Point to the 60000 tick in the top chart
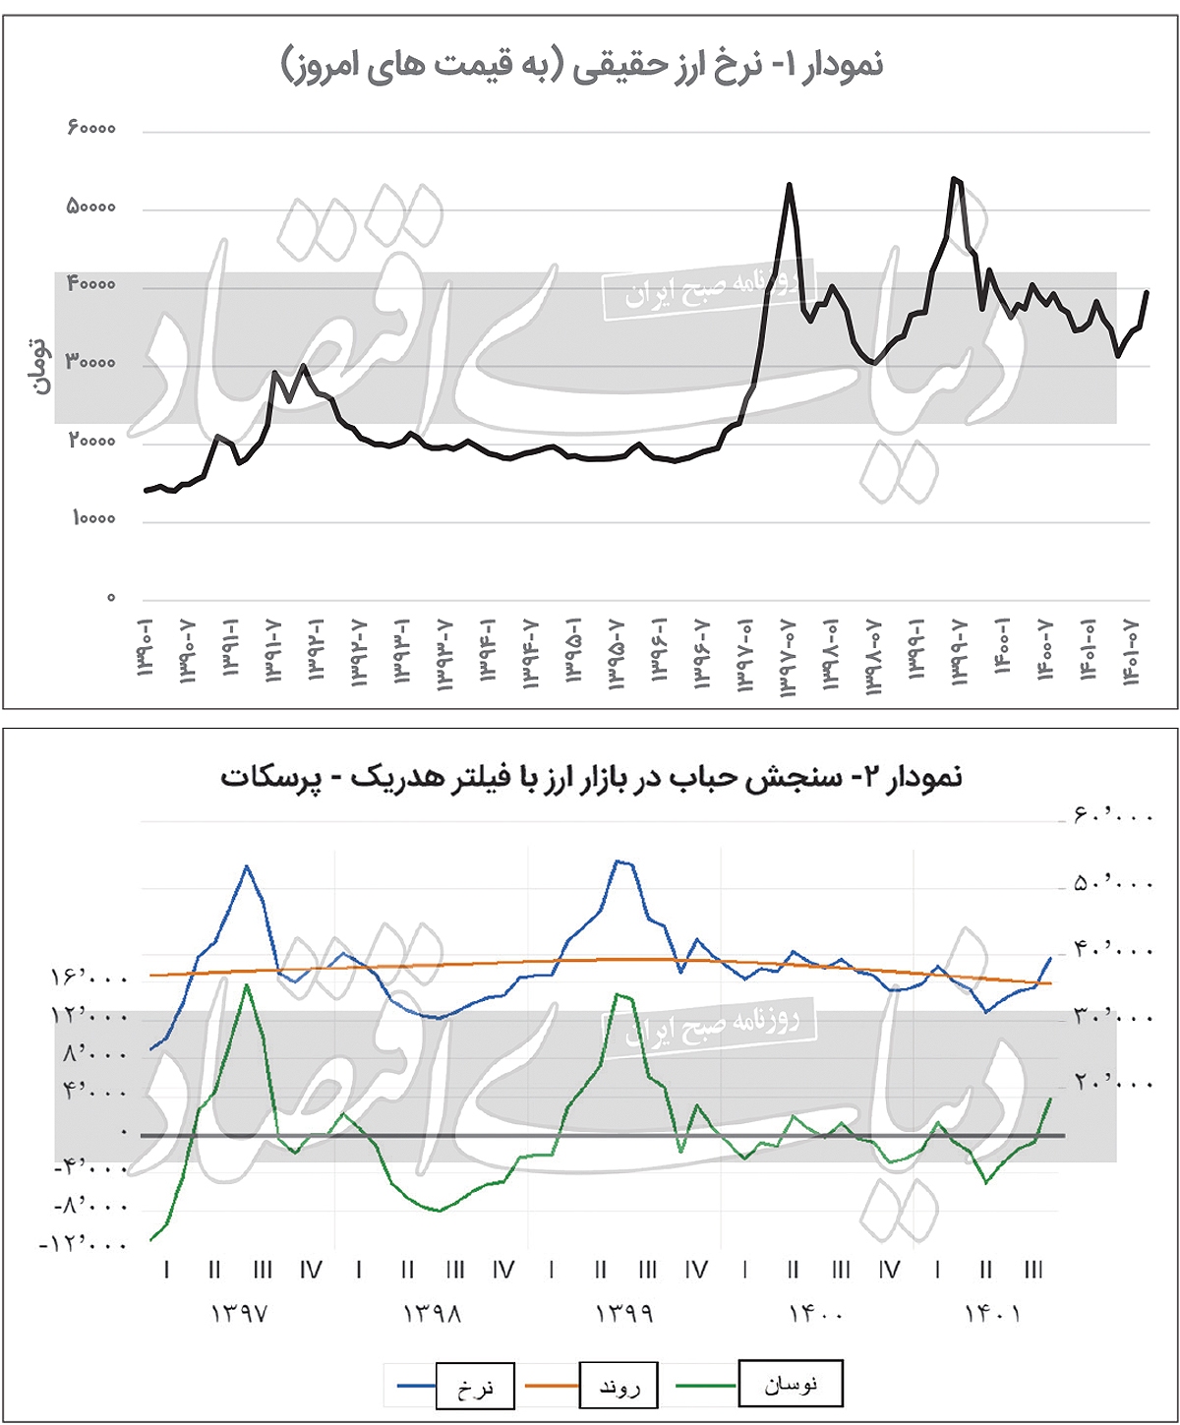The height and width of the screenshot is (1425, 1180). click(x=91, y=129)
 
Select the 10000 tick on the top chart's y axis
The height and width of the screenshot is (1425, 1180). click(x=94, y=519)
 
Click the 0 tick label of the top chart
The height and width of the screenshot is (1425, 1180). click(x=111, y=598)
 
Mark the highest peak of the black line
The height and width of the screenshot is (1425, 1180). click(x=953, y=178)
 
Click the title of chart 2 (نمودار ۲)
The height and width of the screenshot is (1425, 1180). click(x=591, y=777)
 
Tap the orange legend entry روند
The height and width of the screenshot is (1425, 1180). click(x=619, y=1387)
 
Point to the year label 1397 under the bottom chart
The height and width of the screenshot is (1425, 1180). click(x=239, y=1314)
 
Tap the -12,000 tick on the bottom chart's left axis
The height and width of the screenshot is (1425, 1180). click(x=85, y=1245)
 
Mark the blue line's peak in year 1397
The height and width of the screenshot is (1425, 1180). click(x=247, y=866)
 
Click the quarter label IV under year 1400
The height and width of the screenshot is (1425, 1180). click(x=889, y=1271)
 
